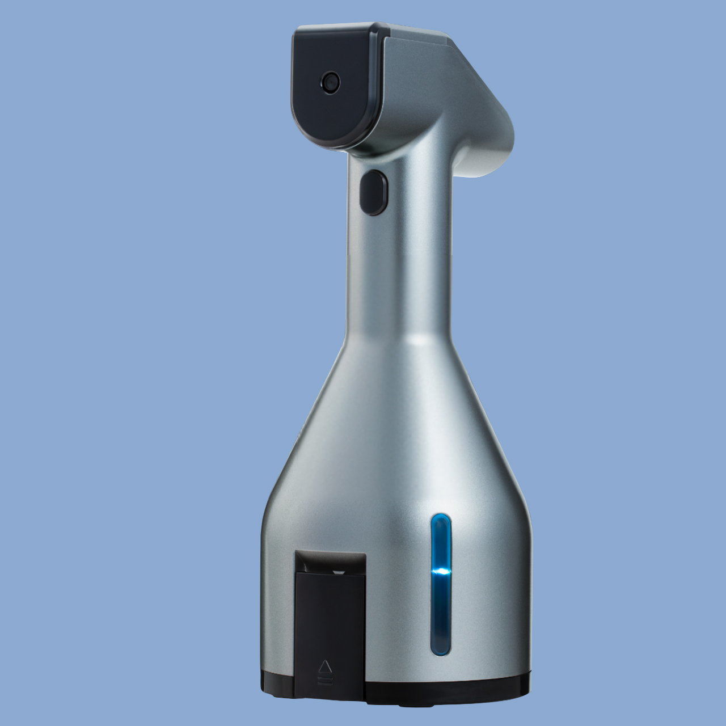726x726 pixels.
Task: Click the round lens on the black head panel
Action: coord(330,82)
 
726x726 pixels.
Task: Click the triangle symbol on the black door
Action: coord(326,665)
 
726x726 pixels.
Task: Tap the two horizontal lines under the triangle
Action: coord(326,677)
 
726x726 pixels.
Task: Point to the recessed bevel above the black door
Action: coord(329,562)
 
